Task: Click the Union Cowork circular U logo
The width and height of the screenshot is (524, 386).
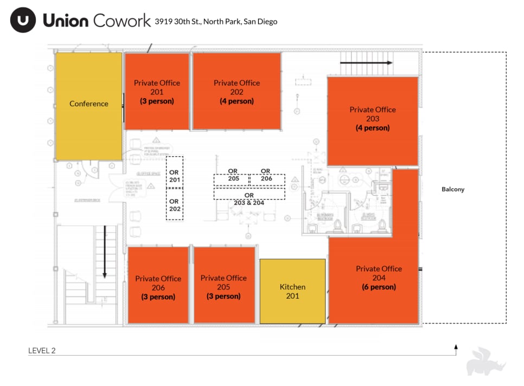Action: (x=23, y=21)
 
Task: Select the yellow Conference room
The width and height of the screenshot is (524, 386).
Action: (x=88, y=104)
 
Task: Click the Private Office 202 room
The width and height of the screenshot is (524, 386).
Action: (x=237, y=91)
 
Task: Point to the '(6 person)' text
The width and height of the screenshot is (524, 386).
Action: (x=379, y=287)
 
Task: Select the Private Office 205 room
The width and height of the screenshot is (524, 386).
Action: (x=224, y=285)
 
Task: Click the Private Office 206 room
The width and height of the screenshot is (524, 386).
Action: (x=158, y=286)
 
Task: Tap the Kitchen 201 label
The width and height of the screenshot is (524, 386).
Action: (x=292, y=291)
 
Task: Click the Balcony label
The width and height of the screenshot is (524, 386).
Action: (x=452, y=190)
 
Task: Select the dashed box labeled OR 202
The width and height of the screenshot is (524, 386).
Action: (x=175, y=204)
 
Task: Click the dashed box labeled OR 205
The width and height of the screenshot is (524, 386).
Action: (x=231, y=178)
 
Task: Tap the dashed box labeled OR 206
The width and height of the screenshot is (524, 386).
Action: (x=266, y=178)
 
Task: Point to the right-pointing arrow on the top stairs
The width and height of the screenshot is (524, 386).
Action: (x=366, y=62)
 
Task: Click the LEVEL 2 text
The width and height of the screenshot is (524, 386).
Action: (x=42, y=351)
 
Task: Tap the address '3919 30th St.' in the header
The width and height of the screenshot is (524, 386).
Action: (x=178, y=22)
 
